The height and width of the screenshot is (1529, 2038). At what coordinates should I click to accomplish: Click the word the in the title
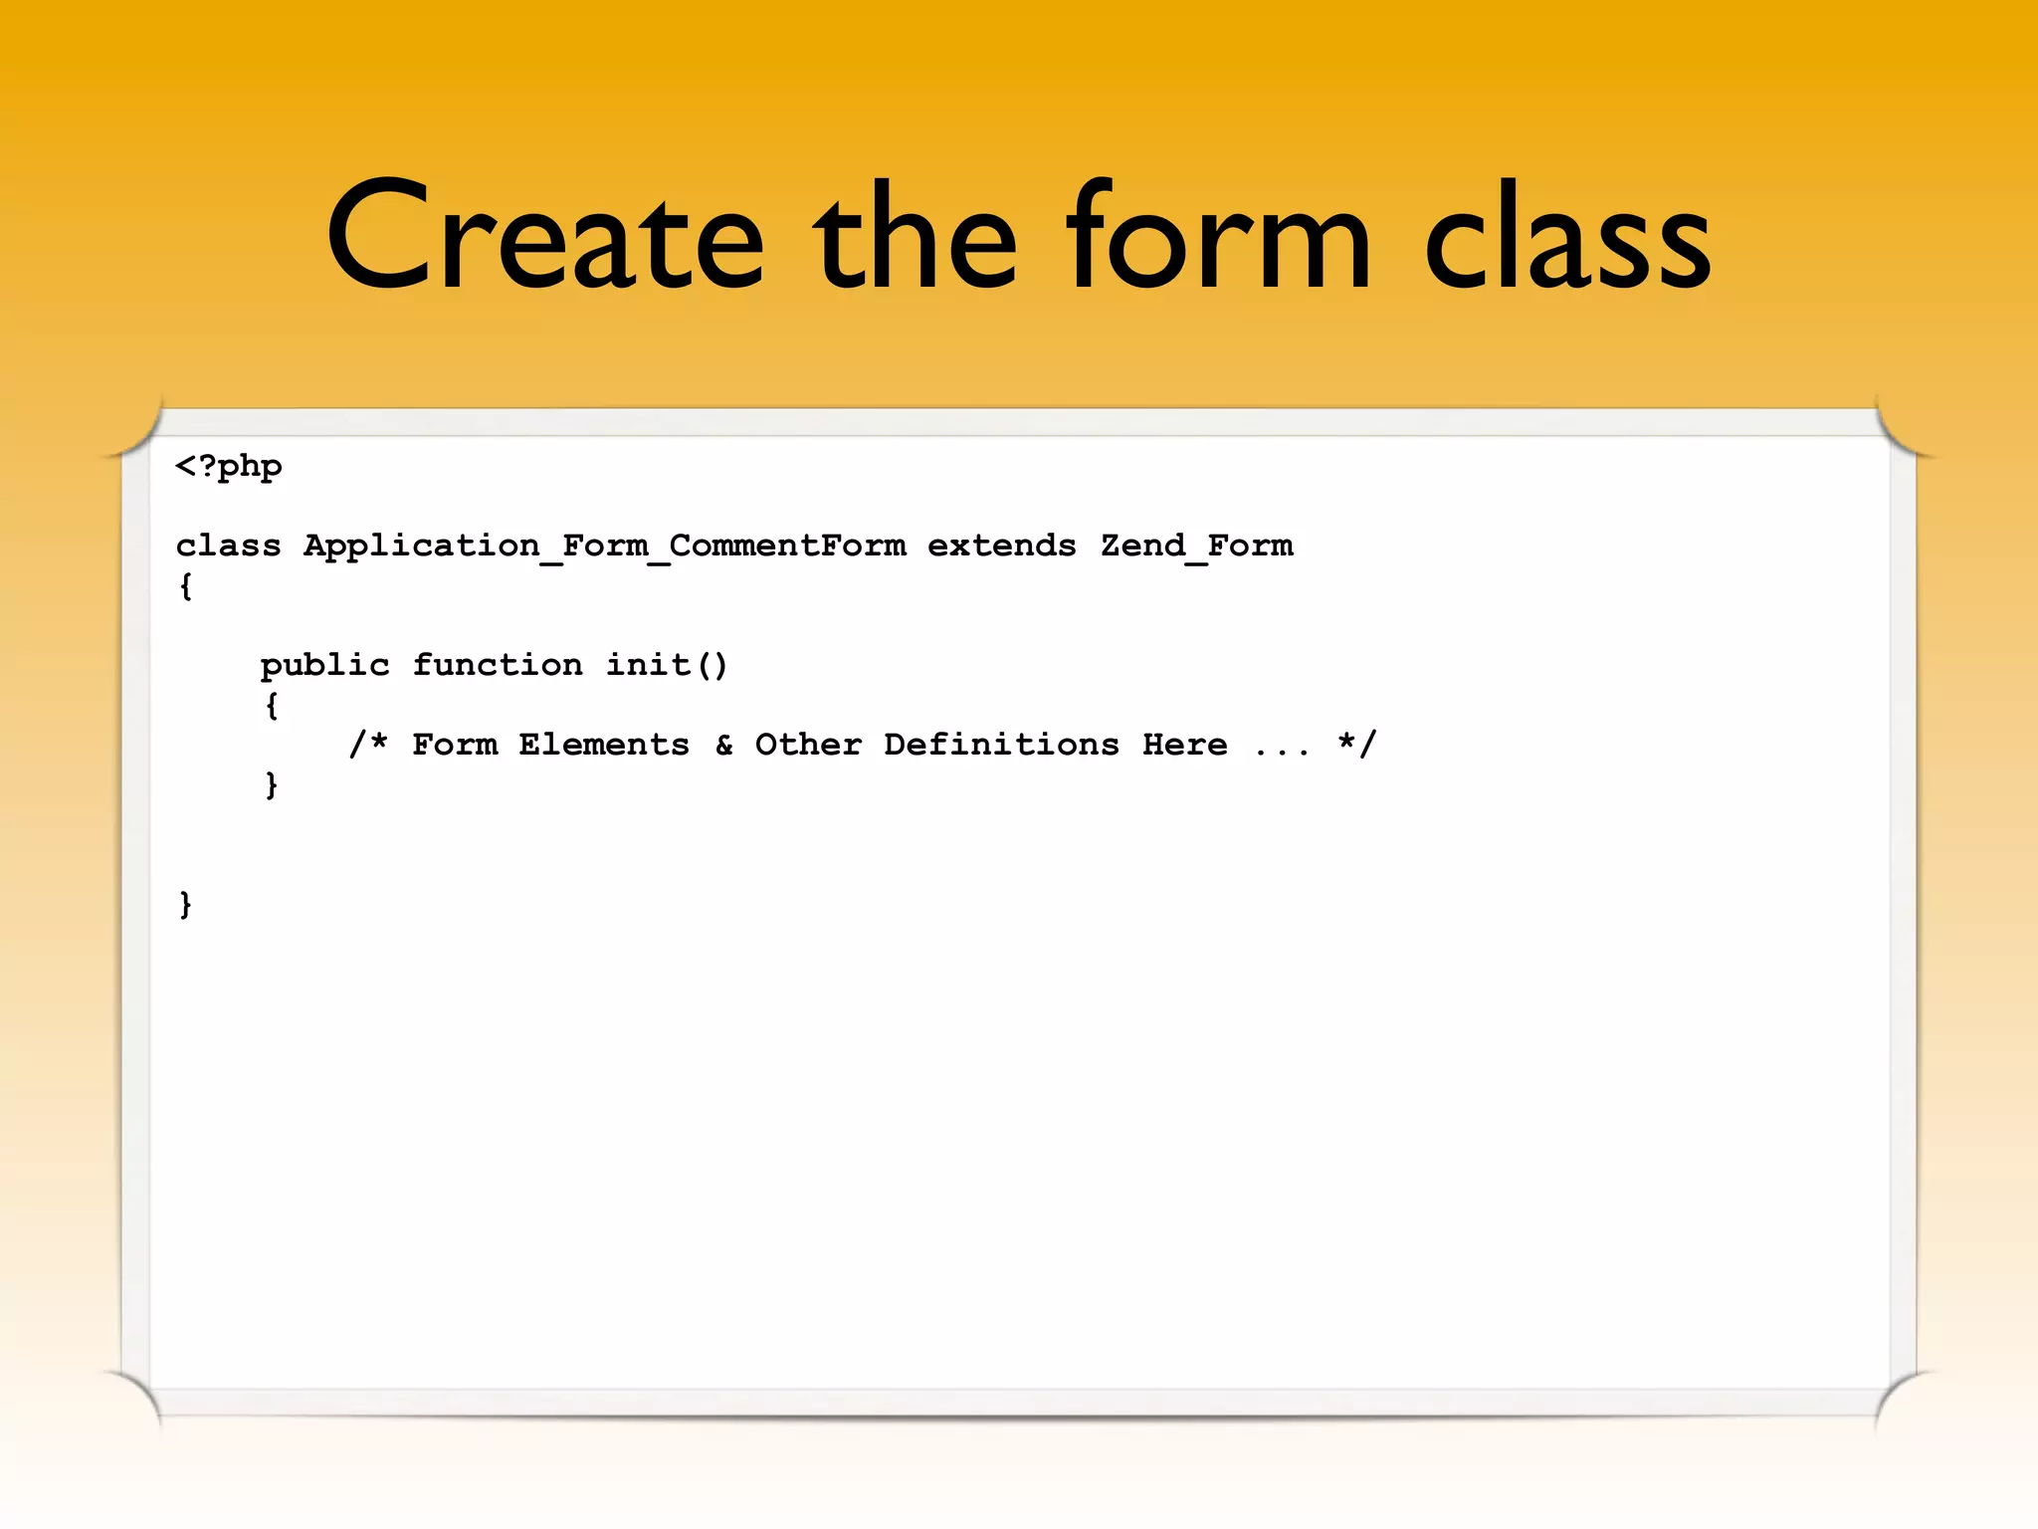(916, 239)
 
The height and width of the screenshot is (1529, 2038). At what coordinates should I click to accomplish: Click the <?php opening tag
(229, 467)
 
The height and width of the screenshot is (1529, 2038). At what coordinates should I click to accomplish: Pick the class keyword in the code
(228, 546)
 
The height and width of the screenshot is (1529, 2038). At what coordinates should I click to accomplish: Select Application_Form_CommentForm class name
(604, 546)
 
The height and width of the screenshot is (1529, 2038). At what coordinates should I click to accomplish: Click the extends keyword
(1001, 546)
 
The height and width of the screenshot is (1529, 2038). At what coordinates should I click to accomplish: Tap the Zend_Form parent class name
(1196, 546)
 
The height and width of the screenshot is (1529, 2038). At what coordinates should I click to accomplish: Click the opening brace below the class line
(186, 586)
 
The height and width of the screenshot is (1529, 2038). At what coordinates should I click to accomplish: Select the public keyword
(324, 665)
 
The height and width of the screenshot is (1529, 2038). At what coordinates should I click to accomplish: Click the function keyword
(498, 664)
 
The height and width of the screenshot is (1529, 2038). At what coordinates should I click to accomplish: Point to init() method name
(667, 664)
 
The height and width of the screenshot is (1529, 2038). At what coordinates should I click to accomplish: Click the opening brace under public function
(272, 706)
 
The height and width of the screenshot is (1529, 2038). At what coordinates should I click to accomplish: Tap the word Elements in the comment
(603, 745)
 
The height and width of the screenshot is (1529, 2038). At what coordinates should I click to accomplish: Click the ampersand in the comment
(724, 745)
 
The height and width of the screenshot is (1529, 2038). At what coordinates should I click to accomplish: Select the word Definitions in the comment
(1001, 745)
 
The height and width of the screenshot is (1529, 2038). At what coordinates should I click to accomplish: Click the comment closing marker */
(1357, 744)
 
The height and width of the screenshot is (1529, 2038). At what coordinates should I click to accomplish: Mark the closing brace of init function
(272, 785)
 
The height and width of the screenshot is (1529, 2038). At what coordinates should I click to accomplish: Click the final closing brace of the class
(186, 905)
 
